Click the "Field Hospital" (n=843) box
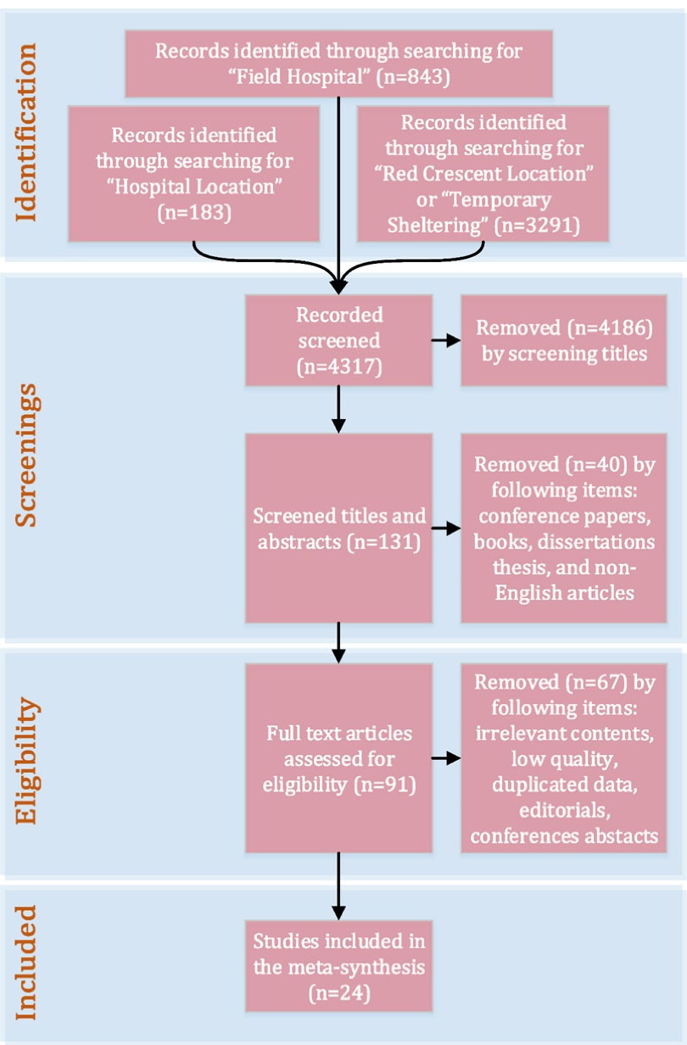coord(338,64)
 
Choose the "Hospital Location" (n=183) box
coord(194,173)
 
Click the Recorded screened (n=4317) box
coord(338,339)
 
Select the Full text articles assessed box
coord(338,758)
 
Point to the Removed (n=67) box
coord(564,758)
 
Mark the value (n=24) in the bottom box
coord(338,988)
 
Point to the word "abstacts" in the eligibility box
coord(621,835)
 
